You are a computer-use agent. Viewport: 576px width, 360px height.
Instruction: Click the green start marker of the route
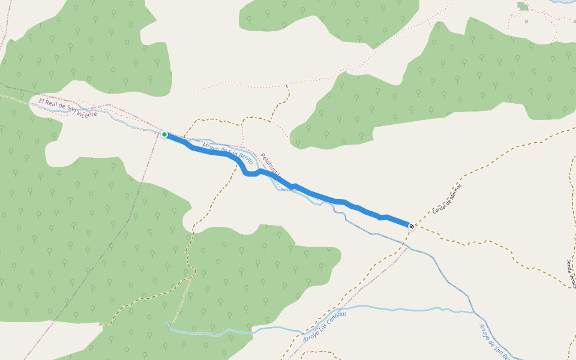coord(164,134)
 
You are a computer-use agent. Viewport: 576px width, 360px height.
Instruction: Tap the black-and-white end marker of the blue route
coord(411,226)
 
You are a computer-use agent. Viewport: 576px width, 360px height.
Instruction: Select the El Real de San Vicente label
coord(68,109)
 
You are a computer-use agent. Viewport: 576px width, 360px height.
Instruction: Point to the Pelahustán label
coord(271,164)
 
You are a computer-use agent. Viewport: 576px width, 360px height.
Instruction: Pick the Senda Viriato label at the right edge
coord(571,273)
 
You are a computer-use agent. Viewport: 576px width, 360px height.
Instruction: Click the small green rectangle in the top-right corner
coord(523,7)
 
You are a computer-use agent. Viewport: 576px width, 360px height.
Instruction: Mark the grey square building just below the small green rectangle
coord(526,22)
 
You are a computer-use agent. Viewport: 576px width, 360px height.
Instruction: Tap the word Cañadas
coord(336,318)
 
